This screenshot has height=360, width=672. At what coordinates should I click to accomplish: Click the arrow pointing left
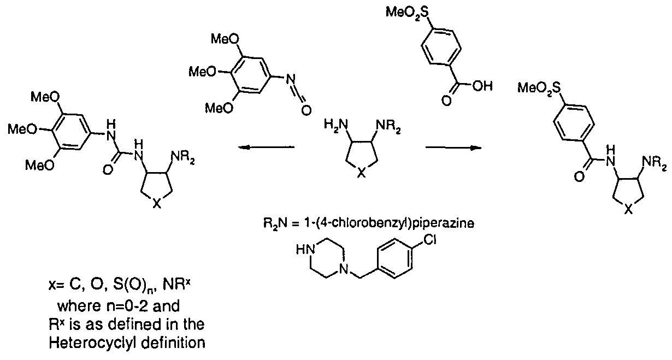[266, 147]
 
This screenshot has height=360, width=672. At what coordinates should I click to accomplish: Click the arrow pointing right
[453, 147]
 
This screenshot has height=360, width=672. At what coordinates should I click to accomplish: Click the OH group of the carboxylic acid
[482, 86]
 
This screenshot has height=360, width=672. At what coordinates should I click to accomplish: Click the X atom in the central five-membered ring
[362, 173]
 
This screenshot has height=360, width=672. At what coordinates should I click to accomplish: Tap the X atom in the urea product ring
[157, 204]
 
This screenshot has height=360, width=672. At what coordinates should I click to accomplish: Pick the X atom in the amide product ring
[628, 209]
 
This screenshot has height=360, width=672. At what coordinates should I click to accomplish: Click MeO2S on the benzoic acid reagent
[407, 13]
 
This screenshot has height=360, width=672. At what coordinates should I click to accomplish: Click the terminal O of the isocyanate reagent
[306, 111]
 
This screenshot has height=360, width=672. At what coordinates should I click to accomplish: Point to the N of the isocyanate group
[291, 79]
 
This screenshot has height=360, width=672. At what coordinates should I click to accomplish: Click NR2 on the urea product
[182, 157]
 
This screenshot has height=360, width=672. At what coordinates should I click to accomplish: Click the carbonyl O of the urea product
[108, 170]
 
